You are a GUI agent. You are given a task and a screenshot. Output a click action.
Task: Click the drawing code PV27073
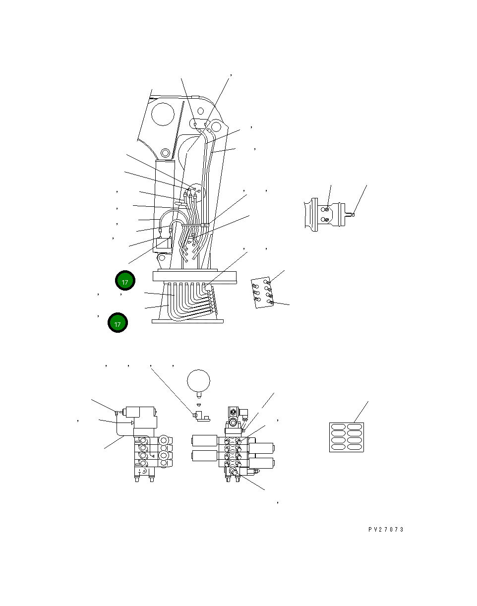tap(386, 530)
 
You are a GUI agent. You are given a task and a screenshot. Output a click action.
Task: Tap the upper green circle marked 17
tap(125, 281)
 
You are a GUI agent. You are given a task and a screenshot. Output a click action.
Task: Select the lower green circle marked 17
tap(118, 322)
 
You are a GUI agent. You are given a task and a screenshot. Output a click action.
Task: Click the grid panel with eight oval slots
tap(347, 437)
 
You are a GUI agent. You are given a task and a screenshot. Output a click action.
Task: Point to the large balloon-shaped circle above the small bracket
tap(198, 381)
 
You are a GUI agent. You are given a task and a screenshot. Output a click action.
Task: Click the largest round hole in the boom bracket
tap(163, 114)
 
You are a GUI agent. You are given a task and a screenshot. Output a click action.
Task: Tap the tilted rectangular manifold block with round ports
tap(262, 293)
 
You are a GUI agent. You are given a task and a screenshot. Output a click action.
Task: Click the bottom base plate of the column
tap(187, 321)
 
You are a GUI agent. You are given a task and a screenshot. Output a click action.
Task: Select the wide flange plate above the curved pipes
tap(194, 276)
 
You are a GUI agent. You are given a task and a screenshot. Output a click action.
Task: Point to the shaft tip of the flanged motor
tap(353, 215)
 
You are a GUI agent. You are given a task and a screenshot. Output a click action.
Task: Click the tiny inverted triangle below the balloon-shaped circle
tap(199, 405)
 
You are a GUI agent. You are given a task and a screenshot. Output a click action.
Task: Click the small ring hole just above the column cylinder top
tap(165, 153)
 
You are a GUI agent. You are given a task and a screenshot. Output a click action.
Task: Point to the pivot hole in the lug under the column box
tap(162, 257)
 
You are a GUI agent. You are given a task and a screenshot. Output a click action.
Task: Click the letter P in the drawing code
tap(370, 530)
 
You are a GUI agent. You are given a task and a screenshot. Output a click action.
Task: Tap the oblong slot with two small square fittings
tap(200, 123)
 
